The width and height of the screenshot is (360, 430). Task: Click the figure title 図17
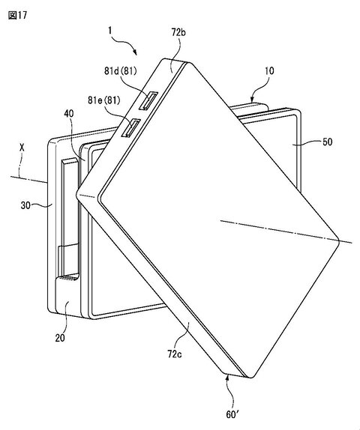17,15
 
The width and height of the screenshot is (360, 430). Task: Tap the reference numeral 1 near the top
110,30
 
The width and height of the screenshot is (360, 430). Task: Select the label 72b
178,32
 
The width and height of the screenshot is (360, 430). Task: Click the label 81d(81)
120,71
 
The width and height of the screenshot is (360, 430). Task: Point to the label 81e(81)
104,100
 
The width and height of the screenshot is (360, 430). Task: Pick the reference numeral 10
269,71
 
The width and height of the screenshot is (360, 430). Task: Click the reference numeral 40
69,113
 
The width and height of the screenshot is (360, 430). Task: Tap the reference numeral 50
327,142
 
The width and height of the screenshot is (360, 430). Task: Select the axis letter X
22,148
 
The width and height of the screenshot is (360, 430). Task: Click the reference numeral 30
25,205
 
